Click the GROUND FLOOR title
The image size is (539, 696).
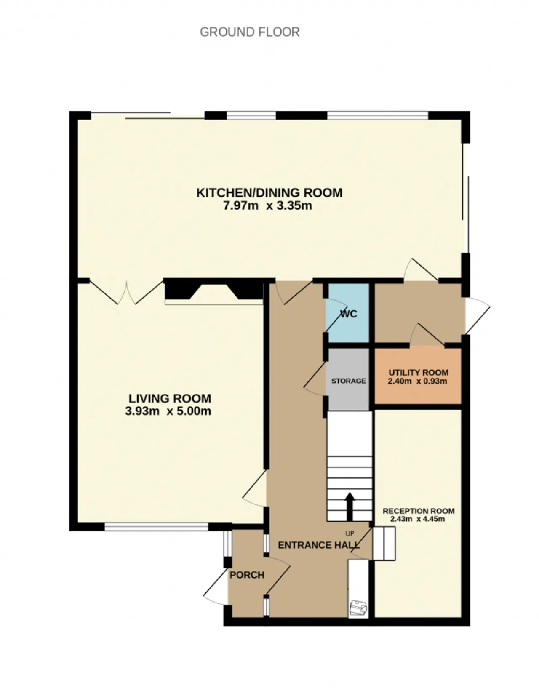pyautogui.click(x=249, y=32)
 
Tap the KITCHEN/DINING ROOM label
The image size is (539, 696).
pyautogui.click(x=269, y=193)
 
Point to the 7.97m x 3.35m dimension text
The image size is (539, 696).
pyautogui.click(x=267, y=205)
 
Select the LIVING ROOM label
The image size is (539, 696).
pyautogui.click(x=170, y=398)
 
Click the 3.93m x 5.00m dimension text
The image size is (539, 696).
pyautogui.click(x=168, y=411)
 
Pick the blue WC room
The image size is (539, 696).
pyautogui.click(x=347, y=313)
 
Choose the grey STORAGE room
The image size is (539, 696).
pyautogui.click(x=348, y=379)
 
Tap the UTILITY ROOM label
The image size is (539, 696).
pyautogui.click(x=418, y=373)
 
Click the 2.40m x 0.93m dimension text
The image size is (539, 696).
pyautogui.click(x=417, y=381)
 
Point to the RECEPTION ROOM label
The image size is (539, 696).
pyautogui.click(x=418, y=511)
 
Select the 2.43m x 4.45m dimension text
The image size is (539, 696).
pyautogui.click(x=417, y=519)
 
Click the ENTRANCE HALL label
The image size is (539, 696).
pyautogui.click(x=319, y=545)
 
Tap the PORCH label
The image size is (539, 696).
pyautogui.click(x=247, y=575)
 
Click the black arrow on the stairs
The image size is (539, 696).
pyautogui.click(x=350, y=507)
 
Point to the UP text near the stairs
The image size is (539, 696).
pyautogui.click(x=350, y=533)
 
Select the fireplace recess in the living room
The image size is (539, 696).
pyautogui.click(x=214, y=292)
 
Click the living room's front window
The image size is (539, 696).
pyautogui.click(x=157, y=527)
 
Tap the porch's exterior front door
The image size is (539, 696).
pyautogui.click(x=216, y=587)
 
